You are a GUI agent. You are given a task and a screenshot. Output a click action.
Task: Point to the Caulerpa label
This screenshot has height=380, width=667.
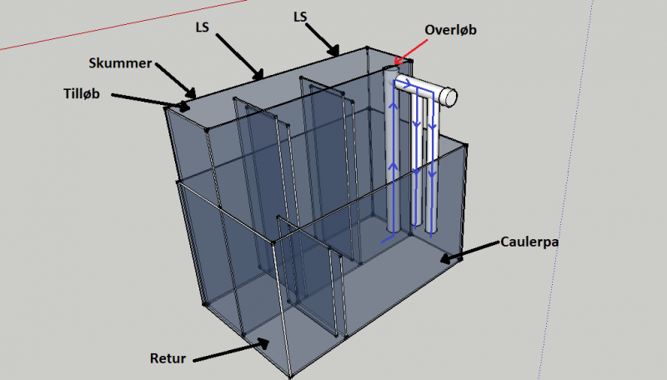point(530,242)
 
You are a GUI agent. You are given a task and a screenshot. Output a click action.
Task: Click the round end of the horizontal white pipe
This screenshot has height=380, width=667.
point(452,97)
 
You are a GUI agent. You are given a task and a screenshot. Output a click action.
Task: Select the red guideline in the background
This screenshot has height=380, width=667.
point(50,38)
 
